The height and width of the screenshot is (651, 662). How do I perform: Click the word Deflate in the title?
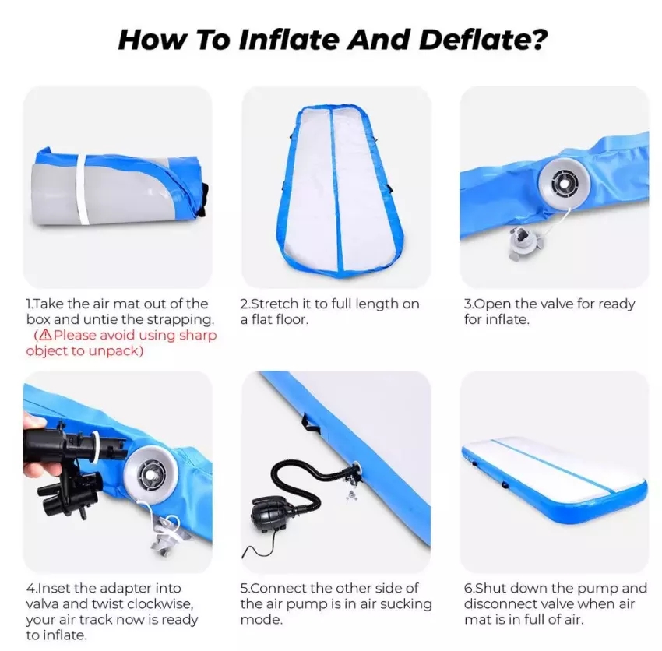coord(483,40)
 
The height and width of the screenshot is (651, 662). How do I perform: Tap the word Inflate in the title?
coord(289,40)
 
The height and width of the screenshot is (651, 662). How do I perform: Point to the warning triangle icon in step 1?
coord(45,335)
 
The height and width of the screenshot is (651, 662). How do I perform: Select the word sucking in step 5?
coord(406,604)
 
